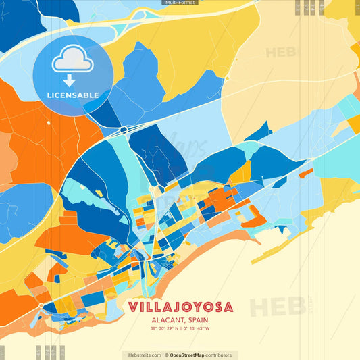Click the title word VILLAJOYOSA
point(180,307)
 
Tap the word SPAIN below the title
point(196,320)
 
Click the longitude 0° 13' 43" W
point(196,329)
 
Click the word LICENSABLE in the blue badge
point(73,95)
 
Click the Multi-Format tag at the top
point(180,3)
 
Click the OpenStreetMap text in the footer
point(190,355)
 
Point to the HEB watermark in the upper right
point(280,53)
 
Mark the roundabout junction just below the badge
point(123,128)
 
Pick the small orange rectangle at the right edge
point(306,173)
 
